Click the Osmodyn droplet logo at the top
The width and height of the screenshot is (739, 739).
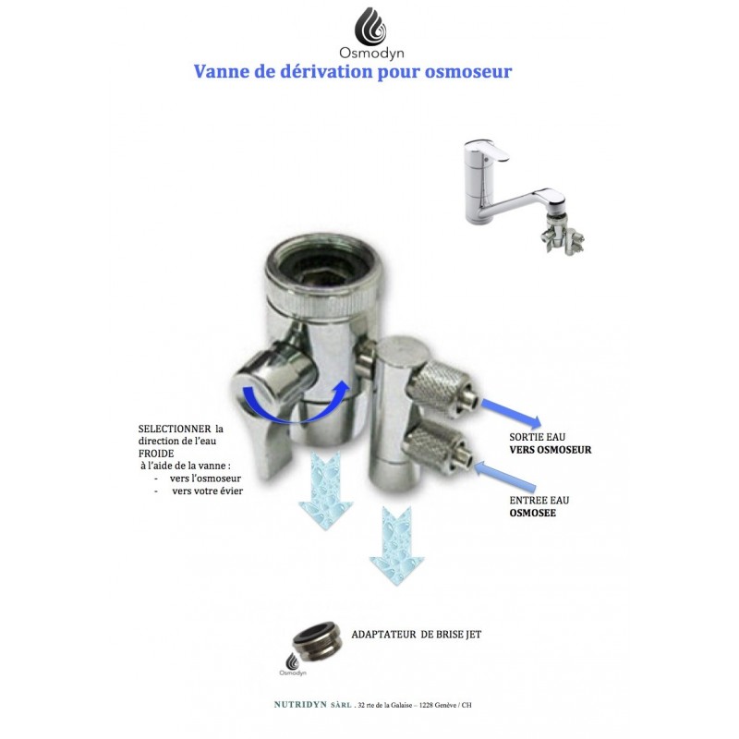(370, 26)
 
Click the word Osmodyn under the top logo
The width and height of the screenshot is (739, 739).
(371, 53)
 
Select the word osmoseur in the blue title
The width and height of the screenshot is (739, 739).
(468, 72)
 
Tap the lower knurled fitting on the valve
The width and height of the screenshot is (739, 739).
(437, 450)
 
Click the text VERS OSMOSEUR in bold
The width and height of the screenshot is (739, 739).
(550, 450)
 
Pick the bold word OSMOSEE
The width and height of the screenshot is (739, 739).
(533, 513)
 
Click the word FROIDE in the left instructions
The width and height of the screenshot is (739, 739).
(155, 454)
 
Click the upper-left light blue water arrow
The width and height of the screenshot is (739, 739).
(326, 491)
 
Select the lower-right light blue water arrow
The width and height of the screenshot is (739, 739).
(397, 546)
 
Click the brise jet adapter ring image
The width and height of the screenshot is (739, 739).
(316, 642)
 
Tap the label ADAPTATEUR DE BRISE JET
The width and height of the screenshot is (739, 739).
(417, 635)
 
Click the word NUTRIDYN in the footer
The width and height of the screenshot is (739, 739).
(300, 705)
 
